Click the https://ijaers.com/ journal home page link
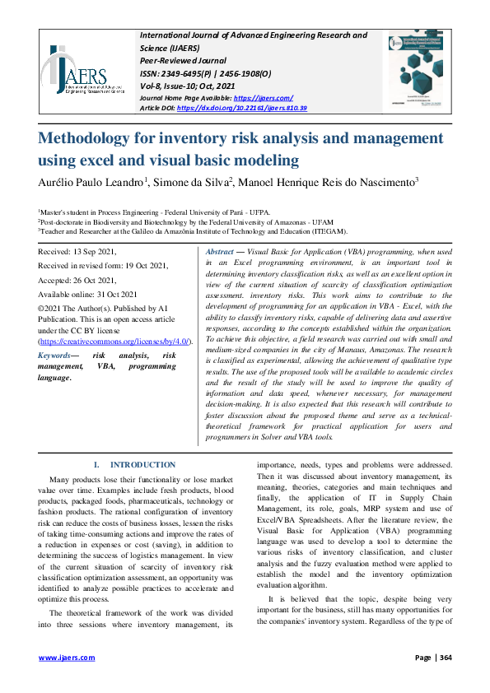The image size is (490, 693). tap(260, 97)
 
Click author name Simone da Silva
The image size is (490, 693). tap(202, 181)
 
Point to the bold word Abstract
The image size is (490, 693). tap(220, 251)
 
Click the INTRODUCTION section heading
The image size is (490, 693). tap(142, 465)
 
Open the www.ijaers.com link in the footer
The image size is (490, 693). tap(68, 658)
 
